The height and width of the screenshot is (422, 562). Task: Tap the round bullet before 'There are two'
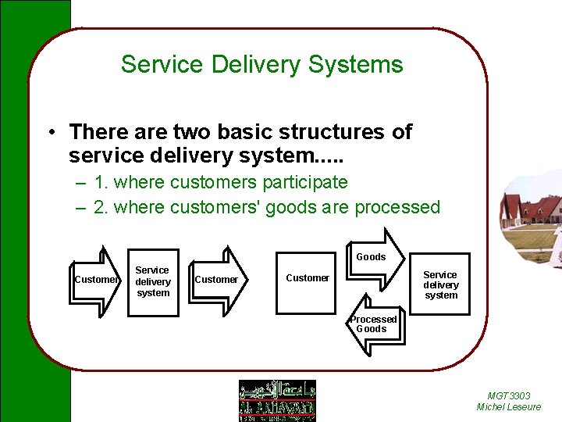click(49, 132)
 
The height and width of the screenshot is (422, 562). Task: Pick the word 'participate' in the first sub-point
click(301, 182)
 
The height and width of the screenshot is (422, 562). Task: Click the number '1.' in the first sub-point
click(101, 182)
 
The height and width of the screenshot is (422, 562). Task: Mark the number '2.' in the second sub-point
click(101, 207)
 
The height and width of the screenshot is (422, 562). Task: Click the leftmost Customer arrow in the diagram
click(97, 280)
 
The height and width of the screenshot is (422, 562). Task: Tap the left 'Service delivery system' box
click(153, 281)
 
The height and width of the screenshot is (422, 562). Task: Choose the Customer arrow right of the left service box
click(219, 280)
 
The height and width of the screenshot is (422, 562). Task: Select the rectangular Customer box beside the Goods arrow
click(308, 278)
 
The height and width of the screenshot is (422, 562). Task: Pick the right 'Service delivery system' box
click(440, 284)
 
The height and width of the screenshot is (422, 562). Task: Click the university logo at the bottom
click(277, 400)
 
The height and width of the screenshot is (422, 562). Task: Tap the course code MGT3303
click(509, 396)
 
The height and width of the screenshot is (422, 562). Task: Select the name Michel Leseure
click(509, 407)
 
